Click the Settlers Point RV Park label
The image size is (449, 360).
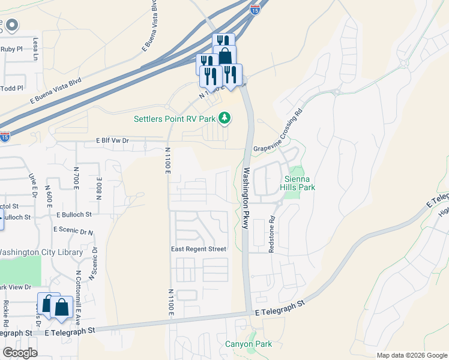174,118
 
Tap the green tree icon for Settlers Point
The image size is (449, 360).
224,118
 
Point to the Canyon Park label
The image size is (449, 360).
249,344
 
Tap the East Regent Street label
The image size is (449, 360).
198,249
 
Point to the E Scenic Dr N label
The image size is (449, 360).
73,230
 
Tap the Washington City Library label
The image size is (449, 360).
41,253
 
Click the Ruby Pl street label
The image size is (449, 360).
11,50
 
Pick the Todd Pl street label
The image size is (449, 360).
11,88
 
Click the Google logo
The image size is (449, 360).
20,353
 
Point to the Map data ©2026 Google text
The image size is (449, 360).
411,355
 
